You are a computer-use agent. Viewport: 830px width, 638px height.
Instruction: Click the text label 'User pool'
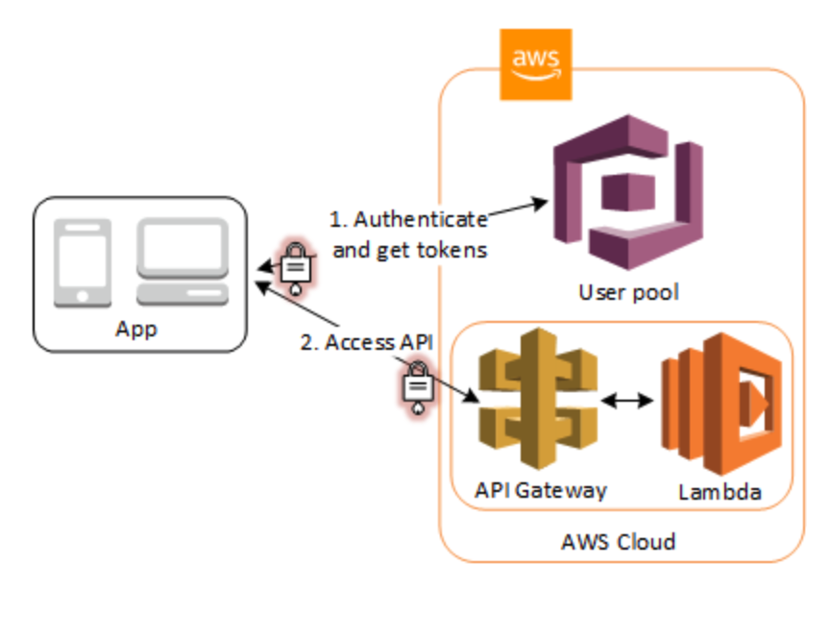click(628, 292)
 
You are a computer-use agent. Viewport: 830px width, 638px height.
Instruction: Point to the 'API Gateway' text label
click(541, 490)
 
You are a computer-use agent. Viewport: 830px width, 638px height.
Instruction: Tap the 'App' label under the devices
click(135, 329)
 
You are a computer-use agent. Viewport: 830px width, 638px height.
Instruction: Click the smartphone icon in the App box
click(79, 261)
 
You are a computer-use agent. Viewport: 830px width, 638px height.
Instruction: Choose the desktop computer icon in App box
click(182, 261)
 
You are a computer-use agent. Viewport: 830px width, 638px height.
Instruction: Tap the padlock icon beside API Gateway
click(416, 386)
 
